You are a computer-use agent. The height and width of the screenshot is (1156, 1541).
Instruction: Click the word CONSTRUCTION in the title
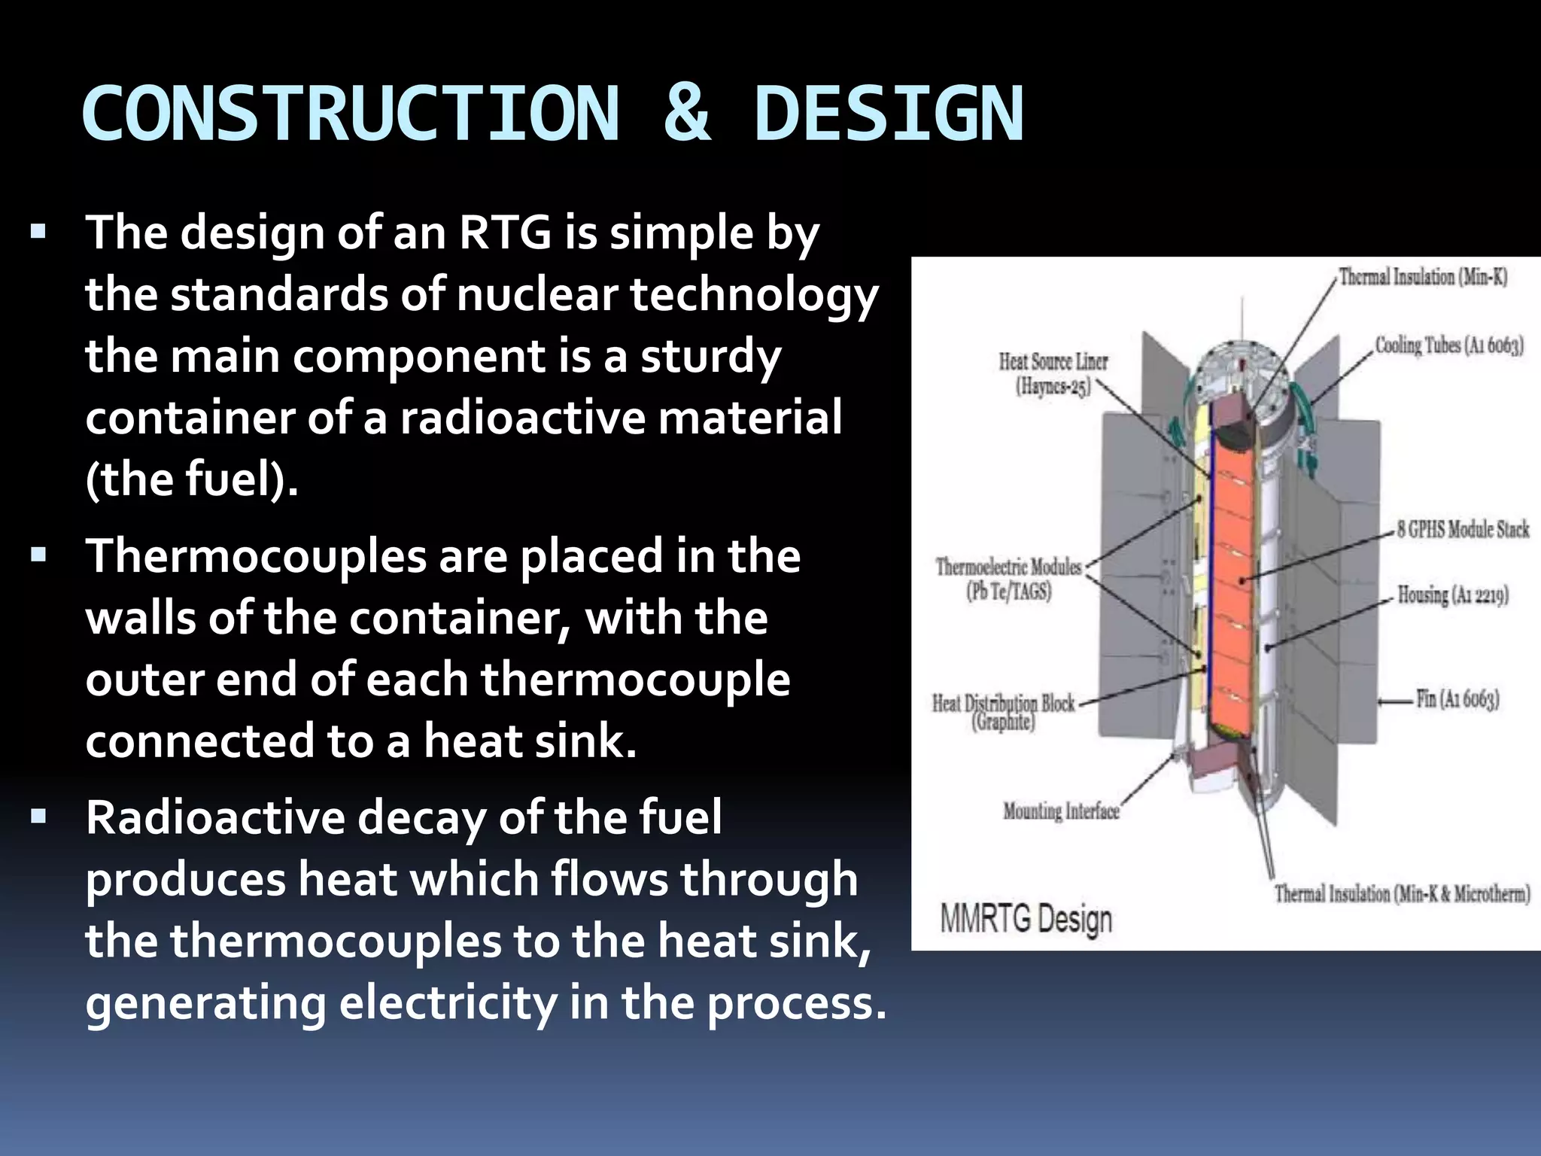(351, 114)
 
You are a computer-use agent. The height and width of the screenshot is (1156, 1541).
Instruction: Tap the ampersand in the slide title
(686, 114)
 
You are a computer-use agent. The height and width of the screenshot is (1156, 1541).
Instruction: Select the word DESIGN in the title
(888, 114)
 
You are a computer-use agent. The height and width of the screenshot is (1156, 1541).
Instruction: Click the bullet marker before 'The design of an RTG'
(38, 230)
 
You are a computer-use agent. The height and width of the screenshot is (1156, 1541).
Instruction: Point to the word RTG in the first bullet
(505, 233)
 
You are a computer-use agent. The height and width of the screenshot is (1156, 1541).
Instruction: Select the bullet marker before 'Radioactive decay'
(38, 815)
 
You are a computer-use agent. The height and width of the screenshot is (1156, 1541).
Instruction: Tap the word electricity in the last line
(448, 1003)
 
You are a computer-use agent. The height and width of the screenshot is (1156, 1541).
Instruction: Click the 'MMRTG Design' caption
(1026, 919)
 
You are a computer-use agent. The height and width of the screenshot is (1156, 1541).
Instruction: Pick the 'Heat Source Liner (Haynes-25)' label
(1053, 374)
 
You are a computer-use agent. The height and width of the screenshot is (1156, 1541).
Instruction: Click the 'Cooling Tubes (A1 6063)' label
(1449, 345)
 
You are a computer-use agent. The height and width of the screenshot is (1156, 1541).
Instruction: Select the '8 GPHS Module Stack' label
(1463, 529)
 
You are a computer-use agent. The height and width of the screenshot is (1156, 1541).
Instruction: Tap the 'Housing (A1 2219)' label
(1452, 595)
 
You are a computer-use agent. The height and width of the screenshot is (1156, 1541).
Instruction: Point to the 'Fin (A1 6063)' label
(1457, 699)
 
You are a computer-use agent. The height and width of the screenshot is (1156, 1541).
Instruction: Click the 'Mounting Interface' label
(1061, 811)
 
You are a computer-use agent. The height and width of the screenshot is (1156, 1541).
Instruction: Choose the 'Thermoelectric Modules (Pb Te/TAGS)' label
(1008, 578)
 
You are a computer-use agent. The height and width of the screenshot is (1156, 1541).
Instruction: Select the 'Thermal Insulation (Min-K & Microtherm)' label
(1402, 894)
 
